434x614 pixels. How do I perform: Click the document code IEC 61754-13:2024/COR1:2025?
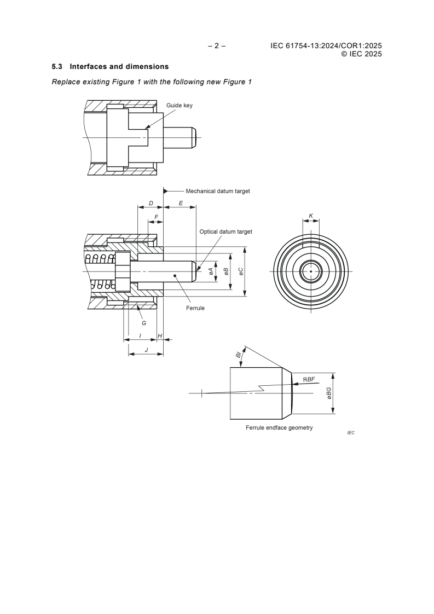point(326,46)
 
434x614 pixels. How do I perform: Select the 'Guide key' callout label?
point(180,105)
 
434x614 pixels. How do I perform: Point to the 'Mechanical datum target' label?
point(218,192)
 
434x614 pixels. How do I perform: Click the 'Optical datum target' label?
point(225,231)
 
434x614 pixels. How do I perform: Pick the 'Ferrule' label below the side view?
point(195,309)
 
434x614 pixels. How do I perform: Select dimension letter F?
point(157,217)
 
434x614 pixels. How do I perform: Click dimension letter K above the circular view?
point(311,216)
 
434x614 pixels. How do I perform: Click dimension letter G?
point(144,323)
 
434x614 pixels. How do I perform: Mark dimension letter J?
point(146,349)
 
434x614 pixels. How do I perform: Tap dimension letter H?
point(160,335)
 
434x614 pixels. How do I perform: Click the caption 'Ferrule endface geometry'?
point(279,427)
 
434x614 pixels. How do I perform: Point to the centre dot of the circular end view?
point(311,271)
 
